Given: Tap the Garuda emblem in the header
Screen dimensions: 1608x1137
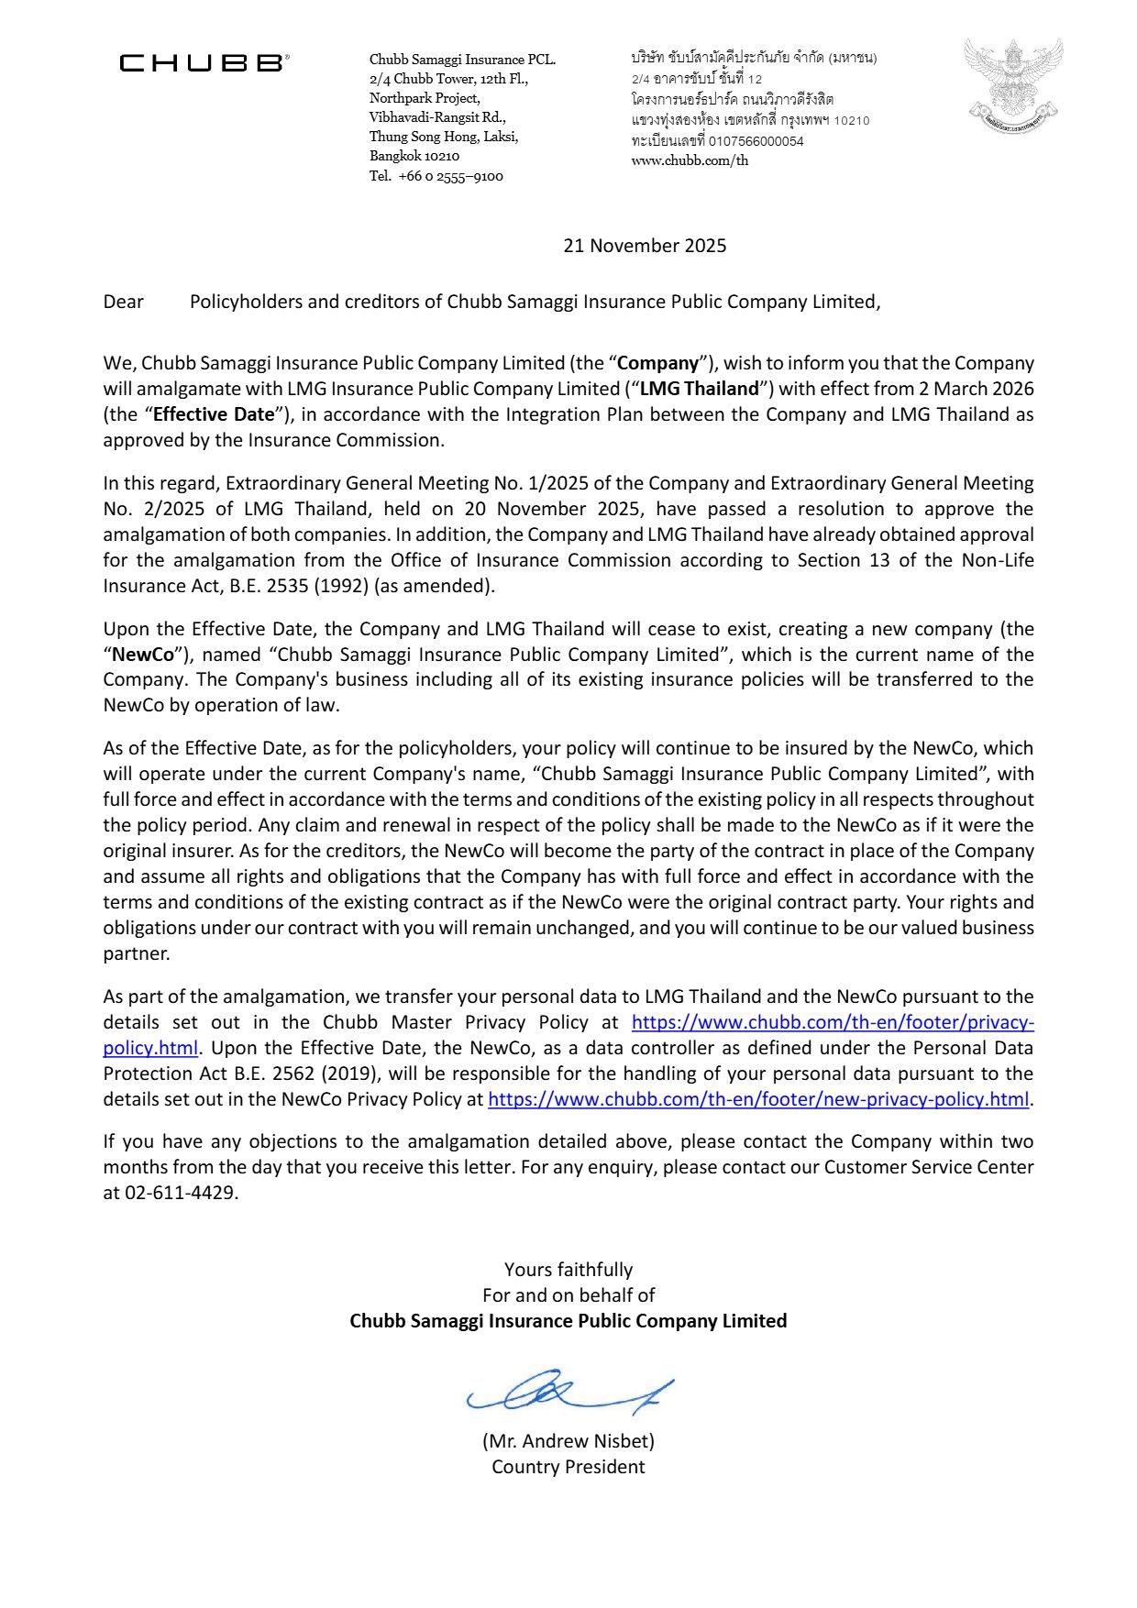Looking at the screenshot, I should [1013, 85].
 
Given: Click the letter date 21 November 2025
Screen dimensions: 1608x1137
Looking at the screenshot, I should [645, 246].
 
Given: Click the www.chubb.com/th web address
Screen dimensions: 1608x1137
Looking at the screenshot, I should [690, 160].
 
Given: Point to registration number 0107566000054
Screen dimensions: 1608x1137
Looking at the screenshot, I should [756, 141].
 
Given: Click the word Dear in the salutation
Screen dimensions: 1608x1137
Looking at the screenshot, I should [124, 302].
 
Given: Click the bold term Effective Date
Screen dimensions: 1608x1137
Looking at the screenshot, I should [214, 414].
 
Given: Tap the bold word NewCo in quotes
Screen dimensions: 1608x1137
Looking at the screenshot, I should [143, 655].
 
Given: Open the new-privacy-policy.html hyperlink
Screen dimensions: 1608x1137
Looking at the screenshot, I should [758, 1099].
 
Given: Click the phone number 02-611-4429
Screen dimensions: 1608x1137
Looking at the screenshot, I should [181, 1193].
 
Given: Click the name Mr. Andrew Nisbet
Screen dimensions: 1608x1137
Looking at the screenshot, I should [568, 1441].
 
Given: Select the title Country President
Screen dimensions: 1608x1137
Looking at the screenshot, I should [568, 1467].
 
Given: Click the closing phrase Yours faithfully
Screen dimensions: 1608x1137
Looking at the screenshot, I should [568, 1270].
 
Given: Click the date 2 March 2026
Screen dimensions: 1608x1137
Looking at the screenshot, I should [976, 389].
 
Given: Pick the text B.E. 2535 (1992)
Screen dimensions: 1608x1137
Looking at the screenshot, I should [293, 586].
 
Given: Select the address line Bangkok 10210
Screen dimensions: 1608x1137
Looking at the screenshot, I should [414, 157].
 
